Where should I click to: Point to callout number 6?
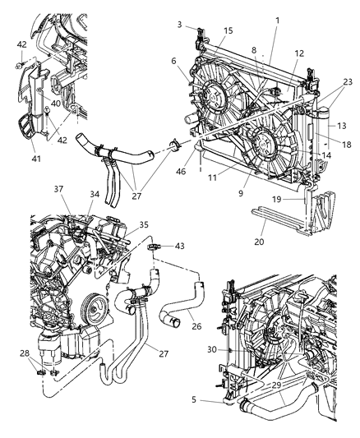coord(174,60)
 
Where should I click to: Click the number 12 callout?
coord(299,53)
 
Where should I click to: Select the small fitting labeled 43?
coord(154,246)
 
